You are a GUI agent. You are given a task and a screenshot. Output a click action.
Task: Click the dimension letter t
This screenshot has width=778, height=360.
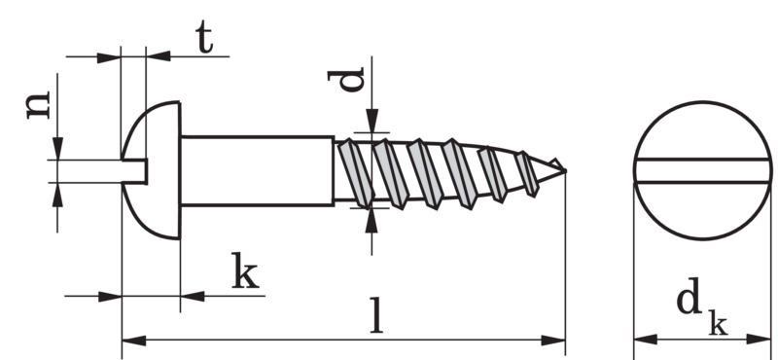(204, 37)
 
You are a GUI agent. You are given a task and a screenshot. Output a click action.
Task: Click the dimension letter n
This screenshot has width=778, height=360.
(38, 105)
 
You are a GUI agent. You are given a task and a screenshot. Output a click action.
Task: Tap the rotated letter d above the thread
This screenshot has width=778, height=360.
(346, 80)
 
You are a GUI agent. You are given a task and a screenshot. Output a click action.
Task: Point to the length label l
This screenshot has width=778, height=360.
(377, 315)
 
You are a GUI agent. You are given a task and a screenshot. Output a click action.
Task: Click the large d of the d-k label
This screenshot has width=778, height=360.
(689, 296)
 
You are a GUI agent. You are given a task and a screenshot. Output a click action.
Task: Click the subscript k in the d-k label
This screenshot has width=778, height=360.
(718, 323)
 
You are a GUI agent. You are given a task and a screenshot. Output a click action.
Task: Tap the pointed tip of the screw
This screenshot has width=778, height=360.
(564, 171)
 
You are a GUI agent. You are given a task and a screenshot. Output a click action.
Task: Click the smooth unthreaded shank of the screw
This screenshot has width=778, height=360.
(257, 171)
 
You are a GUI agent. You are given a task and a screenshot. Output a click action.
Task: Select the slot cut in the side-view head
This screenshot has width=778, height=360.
(135, 171)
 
